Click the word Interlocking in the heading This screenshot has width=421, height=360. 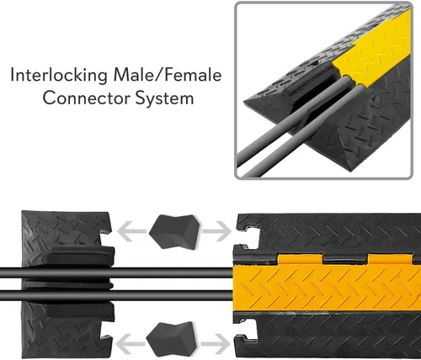(x=59, y=76)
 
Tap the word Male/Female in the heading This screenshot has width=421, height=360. (x=168, y=75)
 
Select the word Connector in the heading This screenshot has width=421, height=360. (x=87, y=98)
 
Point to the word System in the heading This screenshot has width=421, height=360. (x=165, y=99)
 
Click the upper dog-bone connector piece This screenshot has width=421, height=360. (x=175, y=231)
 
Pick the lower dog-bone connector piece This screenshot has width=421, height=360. (x=171, y=339)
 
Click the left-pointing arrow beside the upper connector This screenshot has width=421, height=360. (x=131, y=231)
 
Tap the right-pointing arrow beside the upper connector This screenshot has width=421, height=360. (x=217, y=231)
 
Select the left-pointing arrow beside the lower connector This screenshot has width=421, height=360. (x=130, y=344)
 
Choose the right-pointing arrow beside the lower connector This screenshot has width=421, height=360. (x=216, y=344)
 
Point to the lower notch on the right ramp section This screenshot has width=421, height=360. (x=247, y=330)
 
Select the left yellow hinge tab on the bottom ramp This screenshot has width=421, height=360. (x=301, y=259)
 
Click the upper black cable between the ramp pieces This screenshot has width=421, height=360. (x=116, y=273)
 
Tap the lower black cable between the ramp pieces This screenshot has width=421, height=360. (x=116, y=296)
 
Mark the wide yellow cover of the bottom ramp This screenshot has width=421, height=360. (x=327, y=288)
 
